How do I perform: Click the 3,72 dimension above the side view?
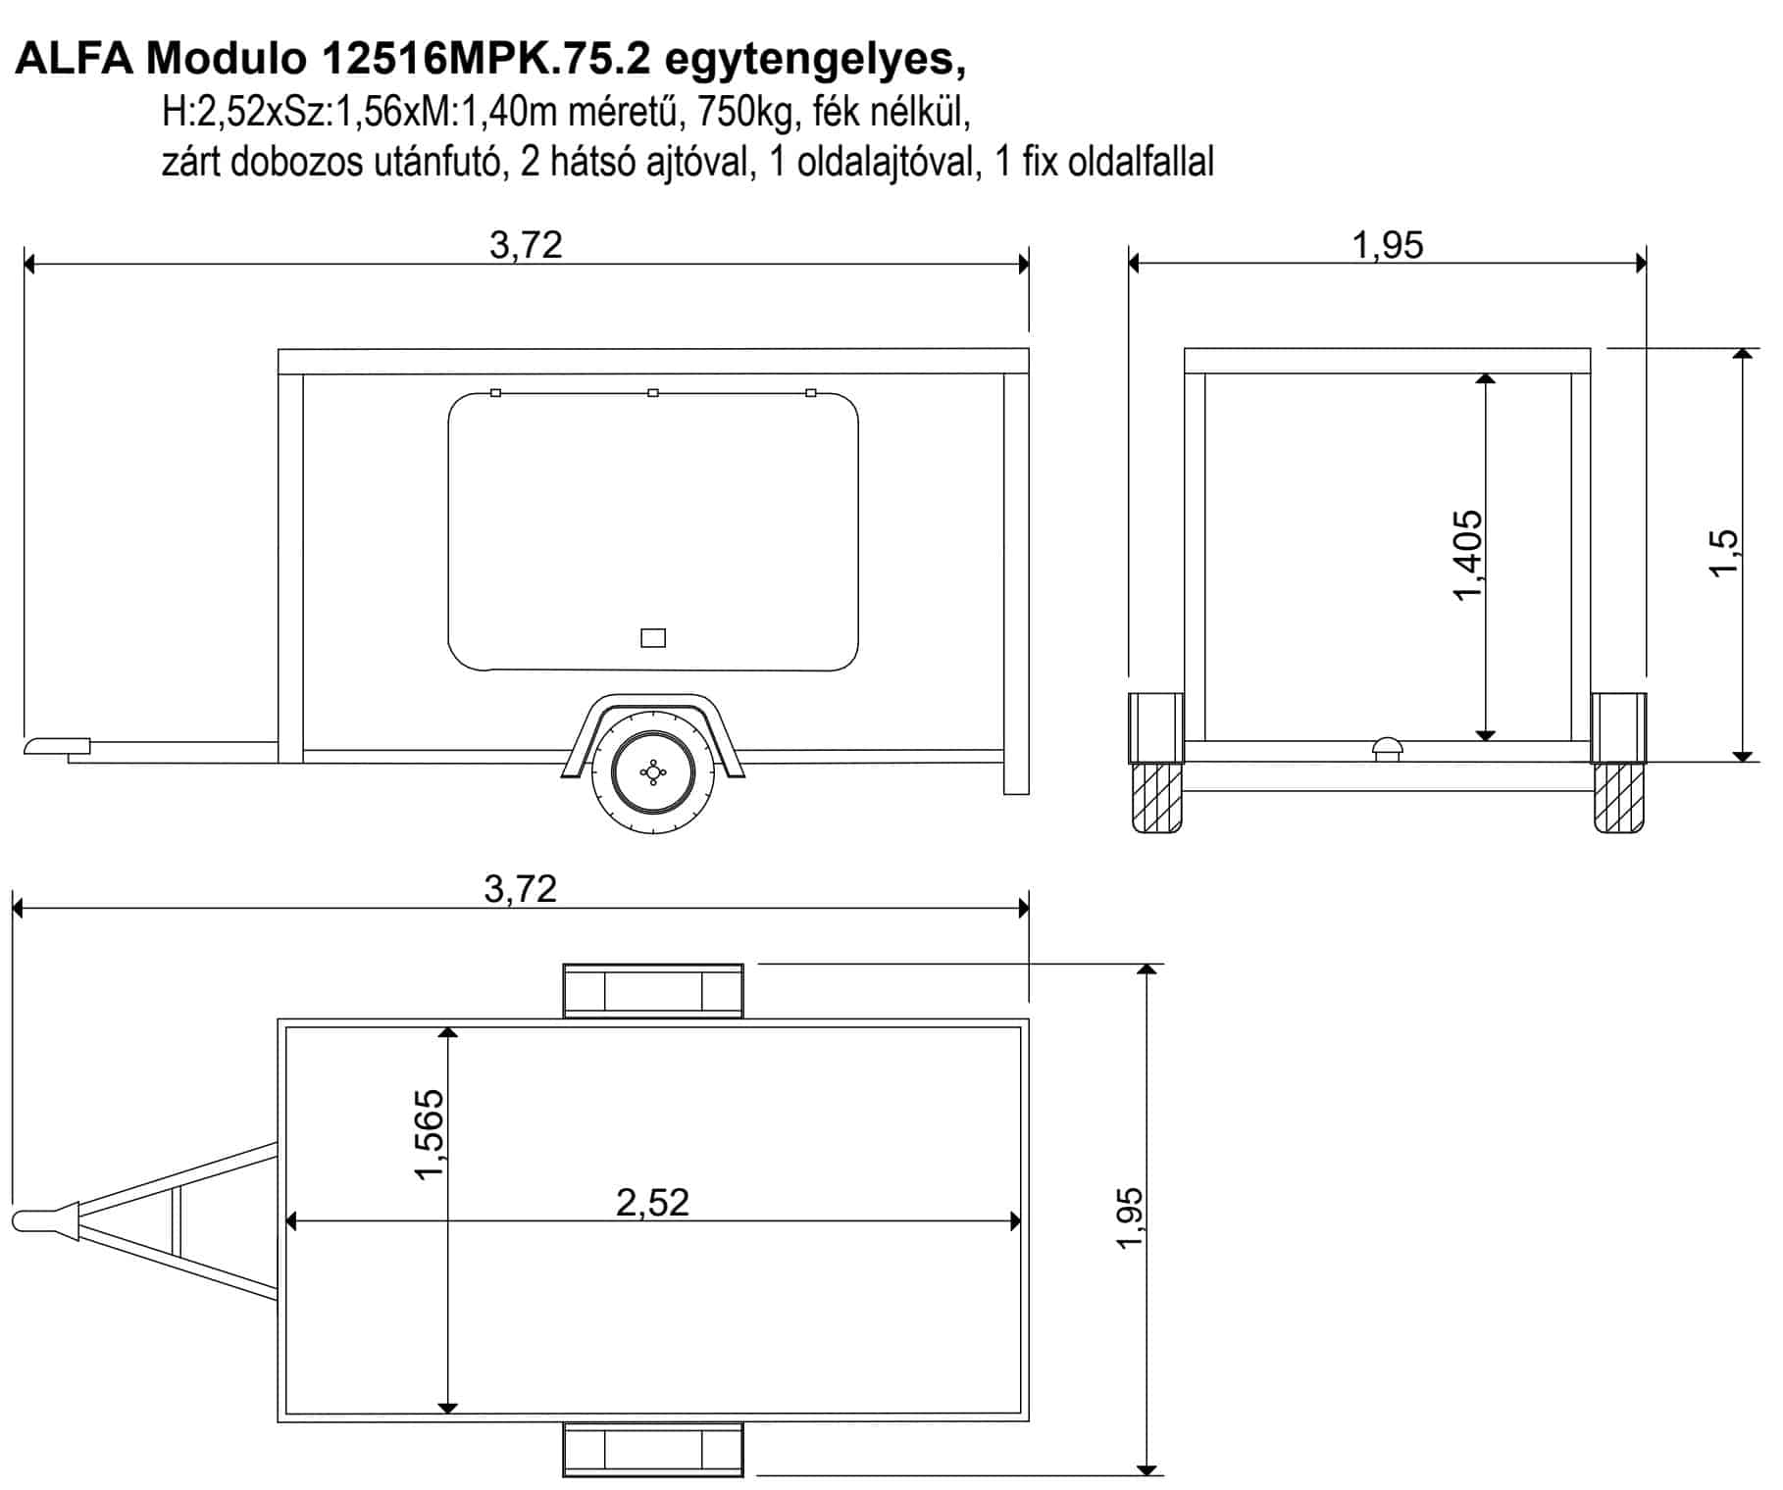click(x=527, y=244)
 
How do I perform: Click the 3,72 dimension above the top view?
click(x=521, y=888)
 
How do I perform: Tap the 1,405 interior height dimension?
click(x=1467, y=555)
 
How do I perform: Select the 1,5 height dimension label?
click(x=1723, y=554)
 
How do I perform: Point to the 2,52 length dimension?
click(x=653, y=1202)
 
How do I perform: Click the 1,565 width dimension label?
click(x=430, y=1134)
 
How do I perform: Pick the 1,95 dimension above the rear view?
click(x=1388, y=244)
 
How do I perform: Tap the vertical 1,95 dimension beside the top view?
click(x=1129, y=1217)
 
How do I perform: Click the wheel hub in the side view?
click(x=651, y=772)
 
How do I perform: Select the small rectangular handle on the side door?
click(x=653, y=638)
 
